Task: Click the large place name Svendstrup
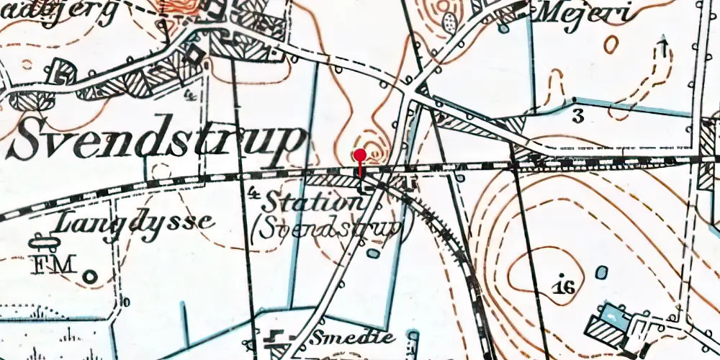click(155, 141)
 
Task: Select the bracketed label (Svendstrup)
click(328, 229)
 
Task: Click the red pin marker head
click(360, 154)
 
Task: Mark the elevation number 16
click(564, 288)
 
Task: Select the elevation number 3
click(577, 116)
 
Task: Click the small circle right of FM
click(90, 275)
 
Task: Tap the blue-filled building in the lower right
click(611, 315)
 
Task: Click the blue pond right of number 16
click(601, 274)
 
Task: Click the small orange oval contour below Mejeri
click(611, 45)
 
